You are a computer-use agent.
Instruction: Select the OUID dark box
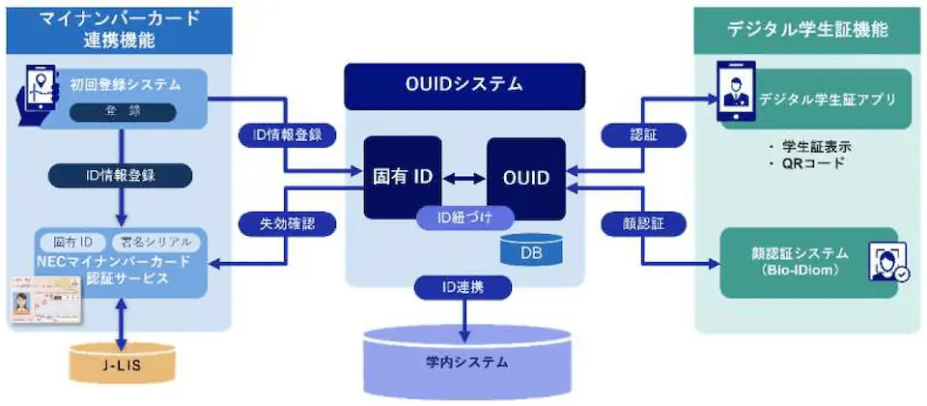[x=525, y=177]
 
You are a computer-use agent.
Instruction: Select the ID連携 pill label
[x=463, y=287]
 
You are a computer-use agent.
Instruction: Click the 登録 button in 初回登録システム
[x=122, y=112]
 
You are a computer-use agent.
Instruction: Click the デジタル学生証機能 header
[x=808, y=29]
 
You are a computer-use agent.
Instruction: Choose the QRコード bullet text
[x=813, y=162]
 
